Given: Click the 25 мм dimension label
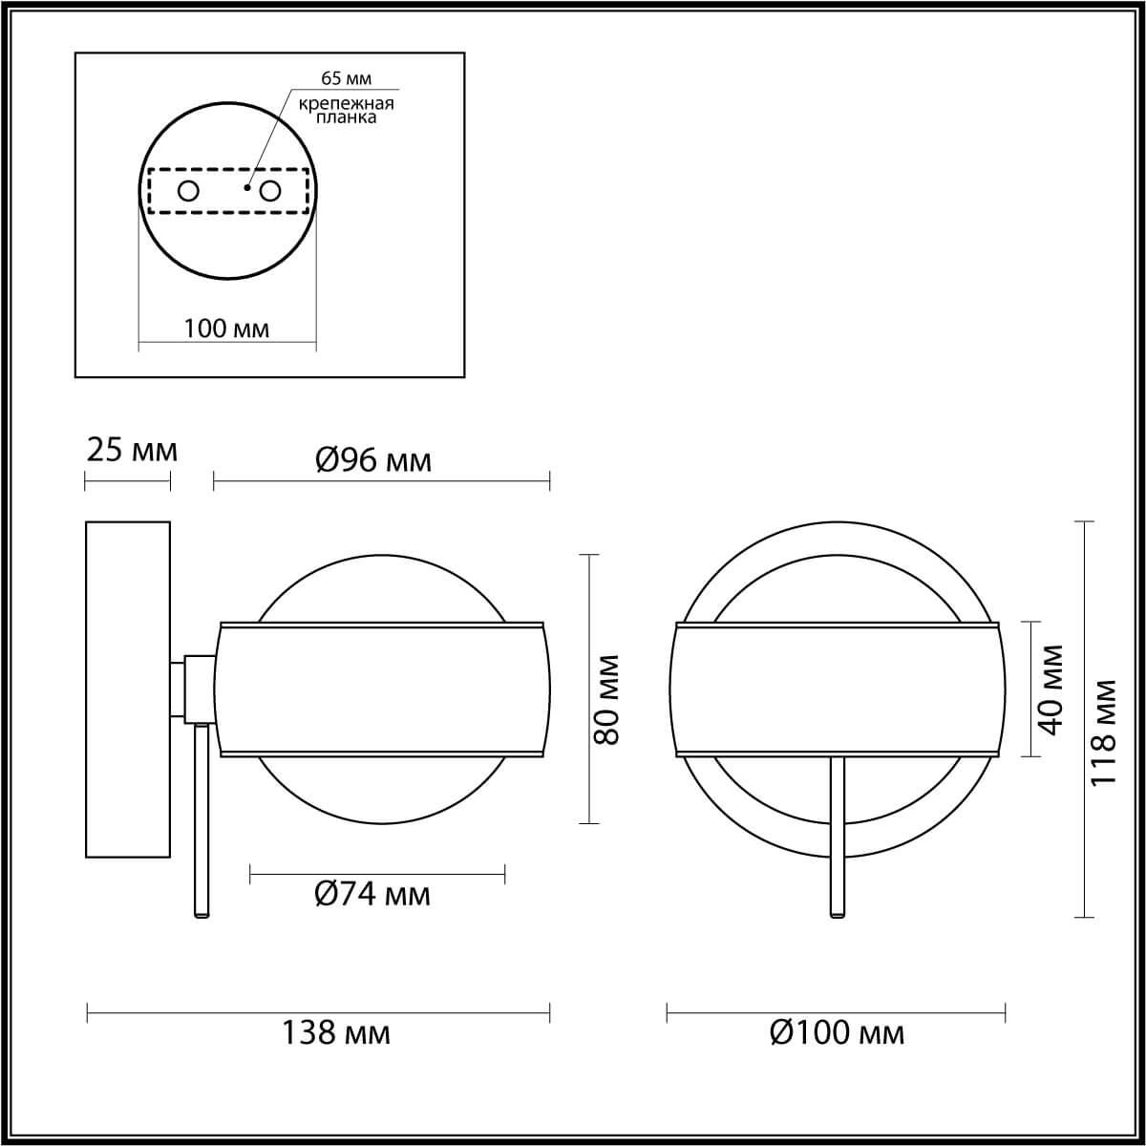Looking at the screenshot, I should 132,449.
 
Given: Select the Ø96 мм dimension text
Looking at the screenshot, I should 373,461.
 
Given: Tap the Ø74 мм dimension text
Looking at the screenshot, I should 372,895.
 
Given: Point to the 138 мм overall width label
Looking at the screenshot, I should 335,1033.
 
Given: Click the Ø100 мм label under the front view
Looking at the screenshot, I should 837,1033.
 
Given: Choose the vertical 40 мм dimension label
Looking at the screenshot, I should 1050,690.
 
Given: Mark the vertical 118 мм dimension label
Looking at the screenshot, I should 1104,732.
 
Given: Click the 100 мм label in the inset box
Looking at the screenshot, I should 226,329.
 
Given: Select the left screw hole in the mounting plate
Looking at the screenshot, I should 188,191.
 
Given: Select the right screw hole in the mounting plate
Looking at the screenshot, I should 270,191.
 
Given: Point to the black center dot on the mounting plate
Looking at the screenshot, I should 246,187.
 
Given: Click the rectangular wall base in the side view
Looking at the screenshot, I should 128,688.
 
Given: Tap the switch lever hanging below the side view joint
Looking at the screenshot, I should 202,821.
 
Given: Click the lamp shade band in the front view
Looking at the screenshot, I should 837,690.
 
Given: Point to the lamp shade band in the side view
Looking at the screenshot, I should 382,690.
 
